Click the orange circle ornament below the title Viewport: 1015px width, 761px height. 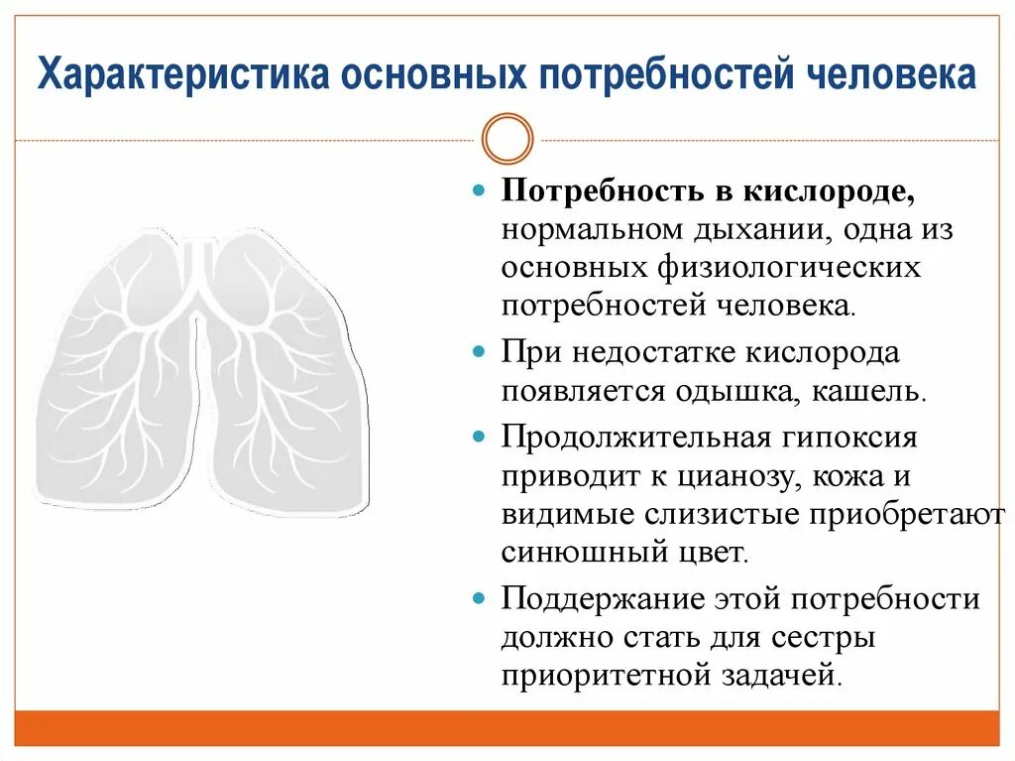[x=507, y=138]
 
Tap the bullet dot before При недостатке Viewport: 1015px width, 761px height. [x=478, y=352]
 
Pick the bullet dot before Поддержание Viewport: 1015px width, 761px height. [x=478, y=598]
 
